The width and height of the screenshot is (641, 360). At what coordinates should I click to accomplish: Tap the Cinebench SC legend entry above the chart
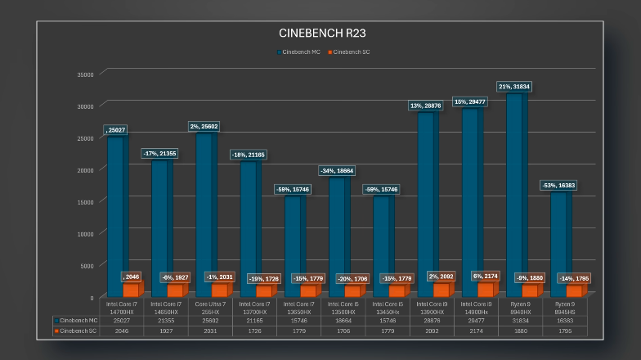tap(351, 52)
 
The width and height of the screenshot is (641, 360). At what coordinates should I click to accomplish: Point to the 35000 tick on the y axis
tap(85, 74)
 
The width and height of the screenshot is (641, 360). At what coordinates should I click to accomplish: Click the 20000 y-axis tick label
tap(85, 169)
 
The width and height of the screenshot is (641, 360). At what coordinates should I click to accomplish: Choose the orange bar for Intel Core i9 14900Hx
tap(486, 290)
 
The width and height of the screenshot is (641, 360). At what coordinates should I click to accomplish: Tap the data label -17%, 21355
tap(159, 153)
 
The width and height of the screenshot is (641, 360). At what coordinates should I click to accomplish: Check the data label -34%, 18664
tap(336, 170)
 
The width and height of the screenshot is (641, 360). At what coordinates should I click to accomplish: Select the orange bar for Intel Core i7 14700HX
tap(132, 290)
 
